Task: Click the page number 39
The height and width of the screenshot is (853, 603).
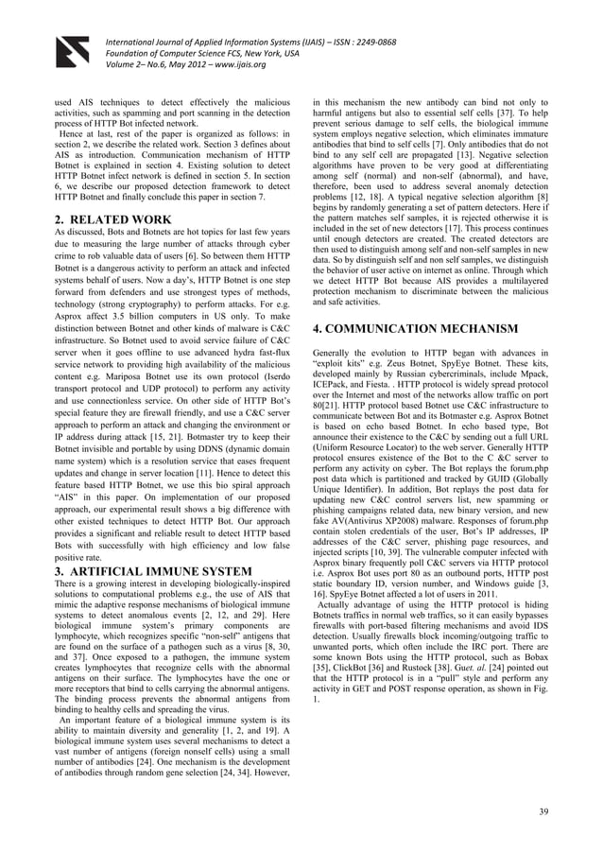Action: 543,811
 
